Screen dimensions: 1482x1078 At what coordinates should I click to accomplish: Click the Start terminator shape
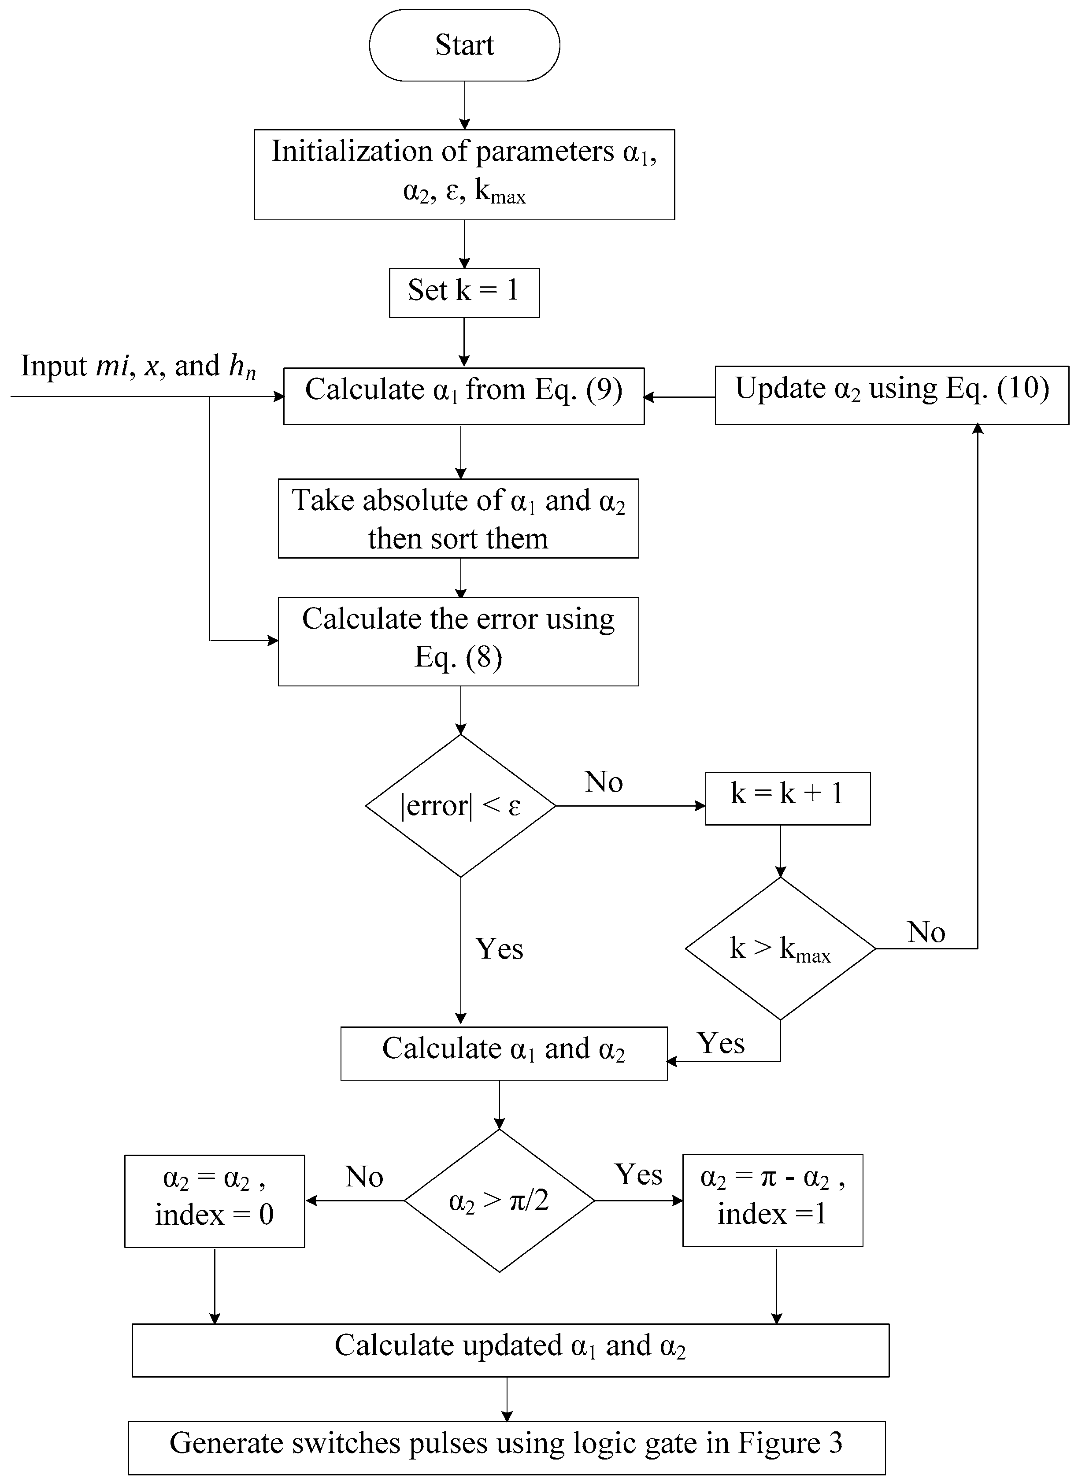click(464, 45)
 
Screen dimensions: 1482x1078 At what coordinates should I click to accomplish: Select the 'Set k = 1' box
click(464, 292)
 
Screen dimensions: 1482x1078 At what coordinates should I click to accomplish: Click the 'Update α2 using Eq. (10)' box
click(891, 395)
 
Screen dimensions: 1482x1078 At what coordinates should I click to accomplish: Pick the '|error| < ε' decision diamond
click(461, 806)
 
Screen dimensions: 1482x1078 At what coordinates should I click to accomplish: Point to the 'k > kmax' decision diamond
click(780, 948)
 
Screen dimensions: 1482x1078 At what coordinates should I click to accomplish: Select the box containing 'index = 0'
click(214, 1201)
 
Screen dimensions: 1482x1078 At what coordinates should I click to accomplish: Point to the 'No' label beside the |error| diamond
click(604, 782)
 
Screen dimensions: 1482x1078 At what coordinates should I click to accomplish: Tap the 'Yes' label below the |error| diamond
click(499, 949)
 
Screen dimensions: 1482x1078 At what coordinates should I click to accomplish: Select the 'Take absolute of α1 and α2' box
click(458, 518)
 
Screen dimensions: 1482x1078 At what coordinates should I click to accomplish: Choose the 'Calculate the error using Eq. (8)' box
click(458, 641)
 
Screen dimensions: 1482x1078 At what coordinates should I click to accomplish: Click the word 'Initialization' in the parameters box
click(352, 151)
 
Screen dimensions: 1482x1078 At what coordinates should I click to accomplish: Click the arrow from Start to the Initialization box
click(464, 104)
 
